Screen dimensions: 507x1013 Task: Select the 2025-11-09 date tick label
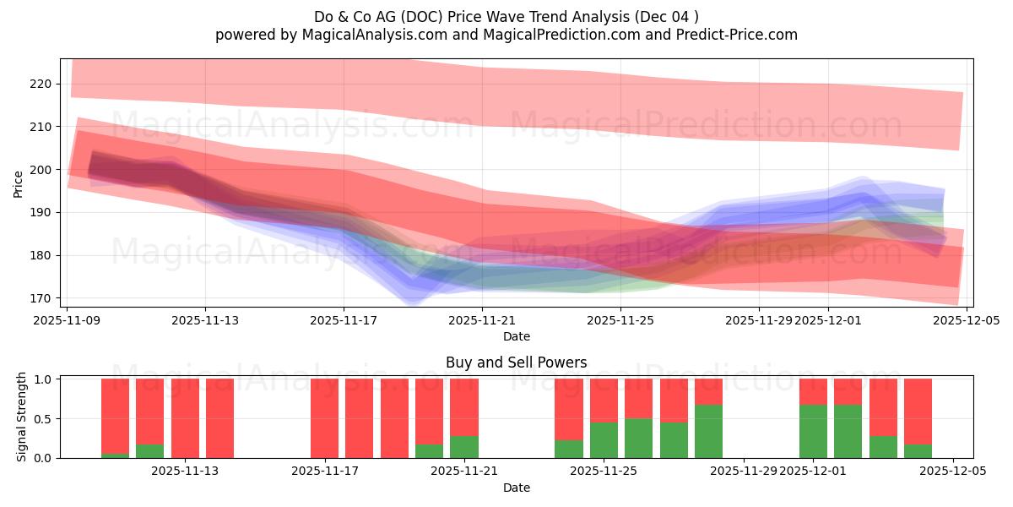pos(68,320)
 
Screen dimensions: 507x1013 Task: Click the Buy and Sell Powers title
pos(516,363)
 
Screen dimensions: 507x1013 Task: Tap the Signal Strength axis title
pos(22,418)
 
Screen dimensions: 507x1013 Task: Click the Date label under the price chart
pos(516,336)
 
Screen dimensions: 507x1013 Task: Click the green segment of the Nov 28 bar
pos(708,432)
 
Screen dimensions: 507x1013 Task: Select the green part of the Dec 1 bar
pos(813,432)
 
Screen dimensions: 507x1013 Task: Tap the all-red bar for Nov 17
pos(324,418)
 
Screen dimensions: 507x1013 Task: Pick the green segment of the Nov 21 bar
pos(463,447)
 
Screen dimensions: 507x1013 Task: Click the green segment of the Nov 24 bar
pos(568,450)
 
